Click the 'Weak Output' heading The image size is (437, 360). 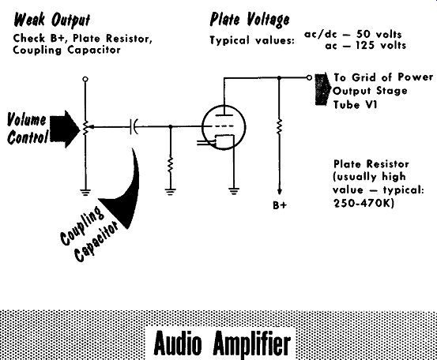click(x=52, y=20)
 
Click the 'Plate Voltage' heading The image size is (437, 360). click(x=250, y=20)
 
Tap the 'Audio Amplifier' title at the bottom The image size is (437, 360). click(x=222, y=343)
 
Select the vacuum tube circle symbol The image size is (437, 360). click(x=224, y=127)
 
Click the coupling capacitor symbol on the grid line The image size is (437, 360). click(x=134, y=126)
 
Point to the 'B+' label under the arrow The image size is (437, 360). click(x=280, y=205)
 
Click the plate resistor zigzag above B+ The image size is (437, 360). click(x=279, y=126)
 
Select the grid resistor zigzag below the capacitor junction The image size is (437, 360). click(x=171, y=165)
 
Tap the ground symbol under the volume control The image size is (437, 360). click(x=85, y=192)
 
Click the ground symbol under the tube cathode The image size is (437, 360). click(x=234, y=191)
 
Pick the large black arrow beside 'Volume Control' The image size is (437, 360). click(x=65, y=129)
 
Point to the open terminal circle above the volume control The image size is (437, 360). click(x=85, y=79)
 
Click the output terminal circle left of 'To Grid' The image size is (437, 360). click(x=309, y=77)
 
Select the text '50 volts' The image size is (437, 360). click(x=379, y=34)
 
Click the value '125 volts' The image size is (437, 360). click(x=380, y=45)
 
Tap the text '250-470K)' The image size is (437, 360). click(x=364, y=204)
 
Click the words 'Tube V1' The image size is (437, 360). click(x=355, y=105)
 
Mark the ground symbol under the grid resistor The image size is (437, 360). click(x=171, y=192)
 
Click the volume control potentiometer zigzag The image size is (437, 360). click(x=85, y=128)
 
